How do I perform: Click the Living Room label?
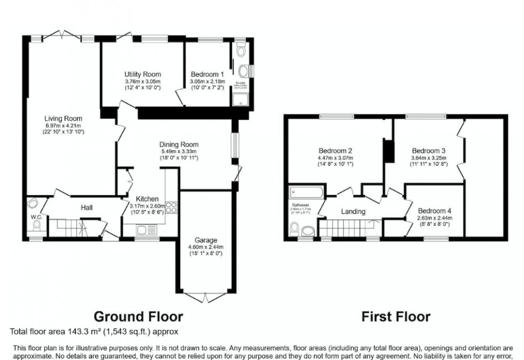tap(63, 118)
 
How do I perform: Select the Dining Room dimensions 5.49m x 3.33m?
tap(179, 151)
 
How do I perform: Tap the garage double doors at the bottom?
tap(206, 295)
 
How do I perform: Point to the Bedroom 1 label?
tap(207, 74)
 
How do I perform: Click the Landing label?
tap(353, 211)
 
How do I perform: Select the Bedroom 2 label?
tap(335, 151)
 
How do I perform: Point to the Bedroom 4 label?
tap(435, 211)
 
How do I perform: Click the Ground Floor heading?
tap(138, 317)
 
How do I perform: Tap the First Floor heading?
tap(396, 317)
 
